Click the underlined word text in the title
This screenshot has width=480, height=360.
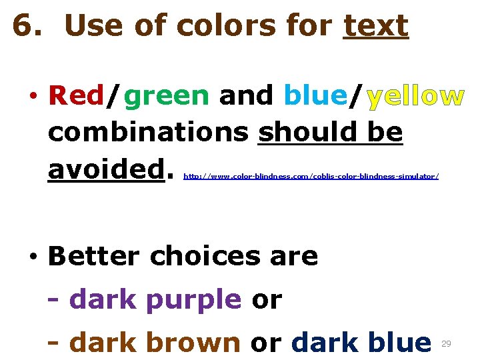(x=375, y=27)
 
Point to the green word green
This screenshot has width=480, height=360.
(x=167, y=97)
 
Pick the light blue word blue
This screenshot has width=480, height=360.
(x=315, y=97)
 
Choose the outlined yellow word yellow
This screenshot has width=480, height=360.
(x=415, y=97)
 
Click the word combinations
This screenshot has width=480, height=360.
(x=148, y=133)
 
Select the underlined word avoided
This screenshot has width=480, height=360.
(x=106, y=169)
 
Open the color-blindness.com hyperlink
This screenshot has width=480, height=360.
(x=311, y=177)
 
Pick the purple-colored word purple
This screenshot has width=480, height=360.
(x=193, y=301)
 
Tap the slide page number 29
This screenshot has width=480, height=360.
(x=447, y=343)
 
